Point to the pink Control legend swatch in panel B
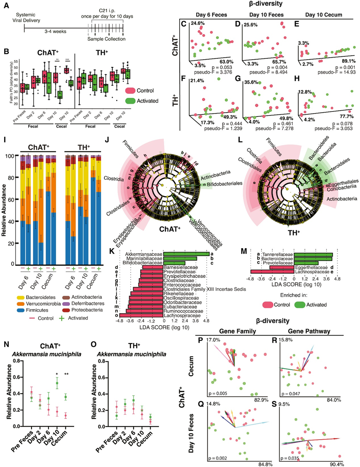click(131, 90)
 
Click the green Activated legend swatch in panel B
click(131, 101)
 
